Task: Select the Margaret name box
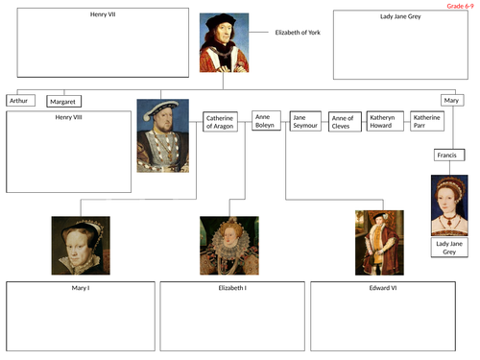click(63, 100)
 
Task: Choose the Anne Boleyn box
click(266, 121)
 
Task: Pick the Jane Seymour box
click(305, 122)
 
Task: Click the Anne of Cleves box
click(344, 122)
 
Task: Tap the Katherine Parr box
click(427, 121)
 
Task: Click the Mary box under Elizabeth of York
click(452, 99)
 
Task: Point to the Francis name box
click(445, 155)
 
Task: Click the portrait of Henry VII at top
click(224, 44)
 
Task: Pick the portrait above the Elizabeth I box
click(228, 245)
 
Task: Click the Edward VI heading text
click(382, 288)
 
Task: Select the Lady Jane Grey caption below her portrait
click(448, 250)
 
